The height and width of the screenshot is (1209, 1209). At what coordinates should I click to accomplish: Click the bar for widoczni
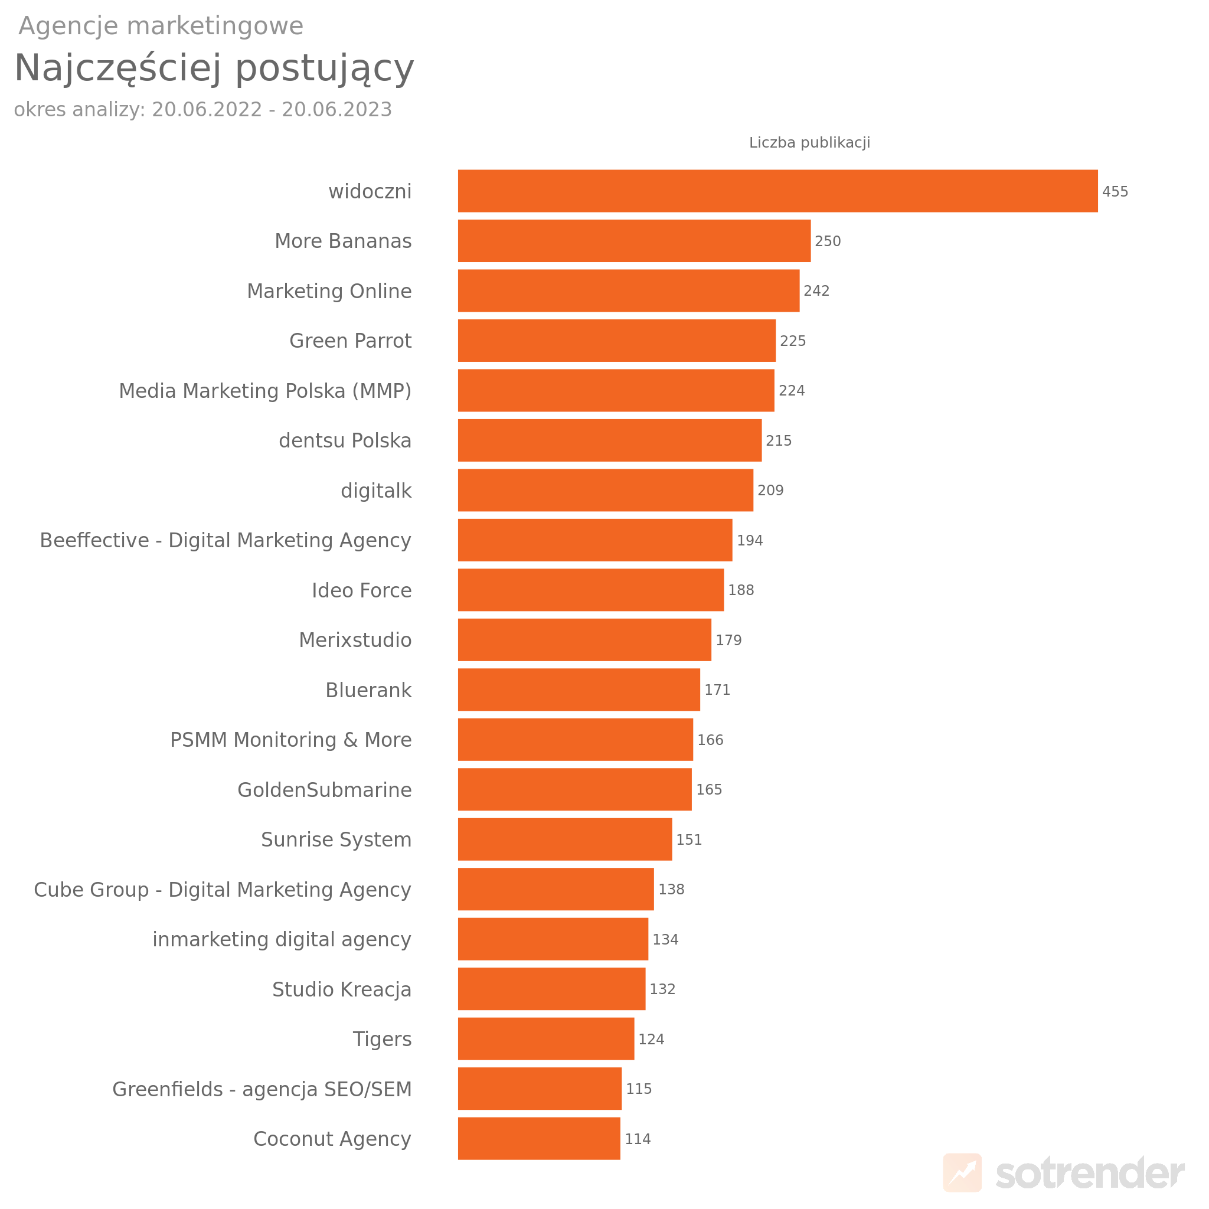777,191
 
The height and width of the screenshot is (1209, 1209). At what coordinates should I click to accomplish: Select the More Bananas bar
634,241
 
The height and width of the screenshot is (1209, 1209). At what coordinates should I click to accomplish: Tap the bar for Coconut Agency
539,1138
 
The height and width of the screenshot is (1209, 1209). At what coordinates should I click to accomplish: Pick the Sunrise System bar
564,839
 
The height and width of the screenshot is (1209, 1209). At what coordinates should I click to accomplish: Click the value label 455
1115,191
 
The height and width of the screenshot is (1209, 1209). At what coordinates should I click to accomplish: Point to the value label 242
816,291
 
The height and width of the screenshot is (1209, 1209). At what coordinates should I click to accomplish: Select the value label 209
770,491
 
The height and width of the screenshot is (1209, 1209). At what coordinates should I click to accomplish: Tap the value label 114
637,1139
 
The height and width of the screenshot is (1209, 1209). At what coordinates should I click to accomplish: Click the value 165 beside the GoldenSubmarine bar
708,790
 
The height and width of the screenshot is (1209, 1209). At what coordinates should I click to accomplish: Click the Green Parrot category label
350,341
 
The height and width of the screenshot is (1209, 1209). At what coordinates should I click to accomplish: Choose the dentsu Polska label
345,440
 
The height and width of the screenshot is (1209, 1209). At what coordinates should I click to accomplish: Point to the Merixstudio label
355,640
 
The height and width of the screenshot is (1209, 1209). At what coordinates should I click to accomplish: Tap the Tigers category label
382,1039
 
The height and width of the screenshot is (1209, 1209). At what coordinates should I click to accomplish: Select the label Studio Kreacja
341,989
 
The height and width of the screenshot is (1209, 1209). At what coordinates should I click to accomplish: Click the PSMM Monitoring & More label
290,740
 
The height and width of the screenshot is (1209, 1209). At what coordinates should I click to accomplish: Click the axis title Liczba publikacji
809,143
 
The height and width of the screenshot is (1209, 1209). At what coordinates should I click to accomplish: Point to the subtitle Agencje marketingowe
161,27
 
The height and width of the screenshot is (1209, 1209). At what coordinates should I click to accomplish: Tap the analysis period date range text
202,110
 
